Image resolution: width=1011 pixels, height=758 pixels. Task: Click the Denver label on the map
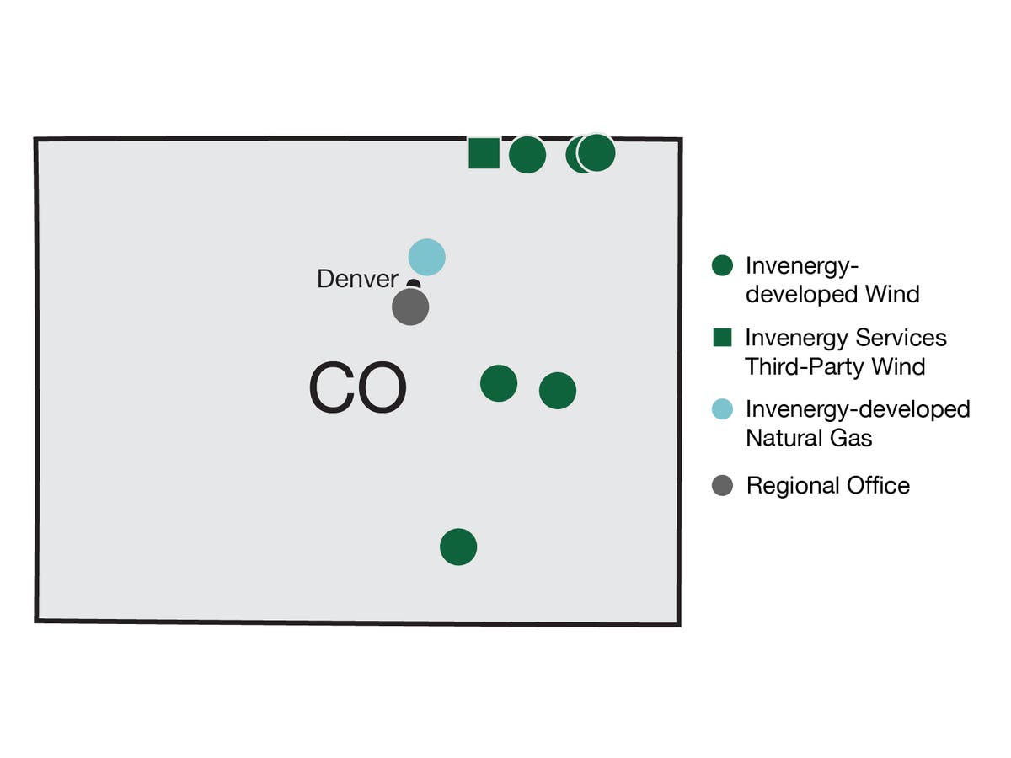[x=357, y=279]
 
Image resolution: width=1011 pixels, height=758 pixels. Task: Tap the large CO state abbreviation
[x=357, y=389]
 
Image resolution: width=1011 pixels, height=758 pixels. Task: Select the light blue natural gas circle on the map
[x=426, y=257]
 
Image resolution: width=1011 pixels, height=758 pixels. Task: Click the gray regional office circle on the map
[x=410, y=307]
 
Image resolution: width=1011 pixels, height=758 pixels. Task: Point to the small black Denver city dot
[x=414, y=285]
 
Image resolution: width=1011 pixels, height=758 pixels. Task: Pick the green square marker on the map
[x=484, y=153]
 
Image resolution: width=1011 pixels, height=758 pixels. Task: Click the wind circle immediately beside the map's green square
[x=527, y=155]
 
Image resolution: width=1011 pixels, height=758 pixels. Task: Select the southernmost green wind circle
[x=458, y=547]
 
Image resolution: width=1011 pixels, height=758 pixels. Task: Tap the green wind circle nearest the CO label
[x=499, y=383]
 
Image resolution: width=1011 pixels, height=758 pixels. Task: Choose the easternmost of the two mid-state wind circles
[x=558, y=390]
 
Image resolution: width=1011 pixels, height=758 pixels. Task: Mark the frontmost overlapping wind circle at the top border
[x=597, y=152]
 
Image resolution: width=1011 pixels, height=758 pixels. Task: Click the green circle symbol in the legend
[x=722, y=266]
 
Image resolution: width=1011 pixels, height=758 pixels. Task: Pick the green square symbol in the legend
[x=722, y=338]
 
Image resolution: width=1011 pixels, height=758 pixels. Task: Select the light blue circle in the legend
[x=722, y=410]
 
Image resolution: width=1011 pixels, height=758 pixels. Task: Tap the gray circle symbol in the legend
[x=722, y=485]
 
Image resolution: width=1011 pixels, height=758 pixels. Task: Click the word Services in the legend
[x=901, y=338]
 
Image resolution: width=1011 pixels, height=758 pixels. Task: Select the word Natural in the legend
[x=783, y=438]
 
